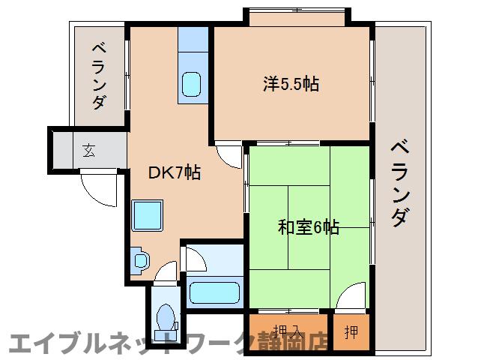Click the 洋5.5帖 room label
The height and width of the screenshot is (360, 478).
pyautogui.click(x=291, y=83)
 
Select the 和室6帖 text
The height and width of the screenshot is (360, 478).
pyautogui.click(x=308, y=226)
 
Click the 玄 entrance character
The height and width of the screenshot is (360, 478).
pyautogui.click(x=88, y=151)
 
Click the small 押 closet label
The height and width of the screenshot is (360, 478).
pyautogui.click(x=351, y=331)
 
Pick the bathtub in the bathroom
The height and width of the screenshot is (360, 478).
pyautogui.click(x=214, y=292)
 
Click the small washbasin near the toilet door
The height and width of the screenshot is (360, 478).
pyautogui.click(x=139, y=259)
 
